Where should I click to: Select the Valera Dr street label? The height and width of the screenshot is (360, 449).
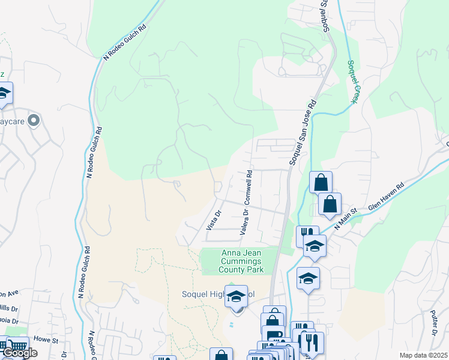point(244,221)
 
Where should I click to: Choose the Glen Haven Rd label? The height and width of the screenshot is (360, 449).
point(383,205)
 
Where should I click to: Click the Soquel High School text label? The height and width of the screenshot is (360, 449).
point(218,295)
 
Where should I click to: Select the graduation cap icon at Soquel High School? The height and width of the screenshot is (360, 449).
point(237,296)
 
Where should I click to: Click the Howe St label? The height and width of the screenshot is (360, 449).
point(45,339)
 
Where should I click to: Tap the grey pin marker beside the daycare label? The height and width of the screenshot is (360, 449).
point(34,121)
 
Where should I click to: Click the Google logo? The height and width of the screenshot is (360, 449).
point(19,353)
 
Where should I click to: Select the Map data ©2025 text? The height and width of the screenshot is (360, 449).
point(423,355)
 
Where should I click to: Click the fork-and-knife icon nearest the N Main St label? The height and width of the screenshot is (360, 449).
point(307,233)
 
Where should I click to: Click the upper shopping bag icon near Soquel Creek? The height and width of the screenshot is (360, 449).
point(321,182)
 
